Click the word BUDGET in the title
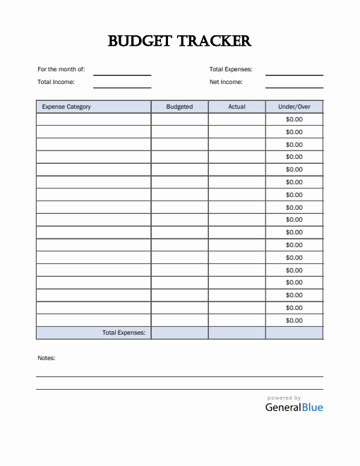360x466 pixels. pos(139,41)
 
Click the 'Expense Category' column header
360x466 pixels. pos(66,107)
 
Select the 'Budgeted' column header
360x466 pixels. pos(179,107)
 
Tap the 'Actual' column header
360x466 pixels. pos(236,107)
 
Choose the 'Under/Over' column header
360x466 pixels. pos(294,107)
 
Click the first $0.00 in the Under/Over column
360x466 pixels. pos(294,119)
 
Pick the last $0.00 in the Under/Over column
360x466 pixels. pos(294,321)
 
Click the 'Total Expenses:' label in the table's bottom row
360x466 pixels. pos(124,333)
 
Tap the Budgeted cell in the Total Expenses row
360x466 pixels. pos(179,333)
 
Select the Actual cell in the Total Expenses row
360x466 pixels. pos(236,333)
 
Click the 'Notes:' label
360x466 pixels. pos(46,358)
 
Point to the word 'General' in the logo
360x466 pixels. pos(282,407)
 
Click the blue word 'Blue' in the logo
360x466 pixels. pos(312,407)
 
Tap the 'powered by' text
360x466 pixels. pos(284,398)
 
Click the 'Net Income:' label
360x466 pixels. pos(226,82)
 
